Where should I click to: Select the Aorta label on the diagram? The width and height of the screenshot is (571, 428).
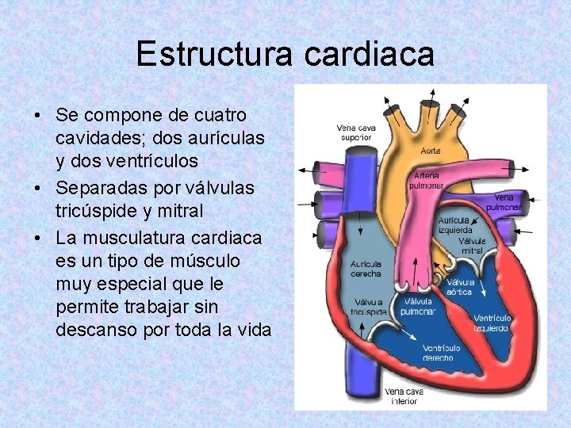[431, 150]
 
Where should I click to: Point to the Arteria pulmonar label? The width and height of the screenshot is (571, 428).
[426, 180]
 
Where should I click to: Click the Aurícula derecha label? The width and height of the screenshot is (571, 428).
[366, 269]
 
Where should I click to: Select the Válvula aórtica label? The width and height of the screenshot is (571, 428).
[460, 286]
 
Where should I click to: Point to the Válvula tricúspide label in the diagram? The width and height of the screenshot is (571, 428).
[369, 307]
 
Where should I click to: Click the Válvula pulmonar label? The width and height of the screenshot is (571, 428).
[419, 306]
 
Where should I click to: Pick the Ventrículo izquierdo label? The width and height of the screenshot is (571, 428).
[492, 323]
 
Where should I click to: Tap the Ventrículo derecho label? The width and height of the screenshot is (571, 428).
[440, 352]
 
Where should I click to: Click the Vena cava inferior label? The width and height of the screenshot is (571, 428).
[404, 396]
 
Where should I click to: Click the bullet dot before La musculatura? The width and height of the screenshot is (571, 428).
[38, 238]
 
